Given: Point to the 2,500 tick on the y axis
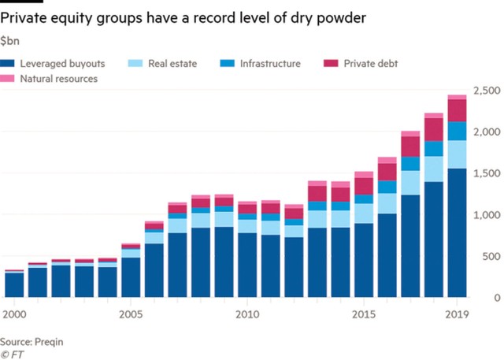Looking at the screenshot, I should coord(485,89).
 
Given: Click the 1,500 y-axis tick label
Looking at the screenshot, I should coord(485,173).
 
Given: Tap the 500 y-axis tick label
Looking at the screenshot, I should coord(491,256).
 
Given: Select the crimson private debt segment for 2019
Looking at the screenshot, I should coord(457,110).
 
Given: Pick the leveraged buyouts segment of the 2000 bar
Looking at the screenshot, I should coord(13,284).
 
